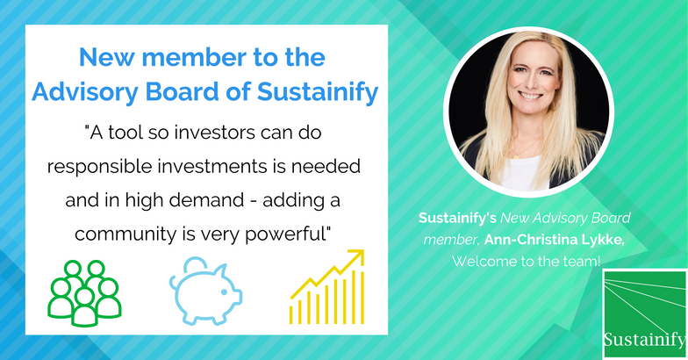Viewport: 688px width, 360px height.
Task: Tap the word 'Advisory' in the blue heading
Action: [x=84, y=92]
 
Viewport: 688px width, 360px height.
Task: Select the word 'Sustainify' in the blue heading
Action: [x=318, y=92]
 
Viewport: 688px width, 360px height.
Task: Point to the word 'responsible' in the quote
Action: [x=98, y=167]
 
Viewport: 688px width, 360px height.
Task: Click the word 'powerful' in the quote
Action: [x=288, y=234]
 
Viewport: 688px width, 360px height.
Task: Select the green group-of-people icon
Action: [x=84, y=293]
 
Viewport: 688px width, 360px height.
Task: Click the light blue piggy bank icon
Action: [x=205, y=292]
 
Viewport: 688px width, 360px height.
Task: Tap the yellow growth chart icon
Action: [x=326, y=287]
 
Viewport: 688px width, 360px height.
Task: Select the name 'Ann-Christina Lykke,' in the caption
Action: [x=555, y=240]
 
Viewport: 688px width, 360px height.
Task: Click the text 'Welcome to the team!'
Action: [x=527, y=262]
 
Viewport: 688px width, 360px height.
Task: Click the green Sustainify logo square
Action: [x=644, y=314]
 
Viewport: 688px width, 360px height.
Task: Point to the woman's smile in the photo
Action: [x=530, y=95]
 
